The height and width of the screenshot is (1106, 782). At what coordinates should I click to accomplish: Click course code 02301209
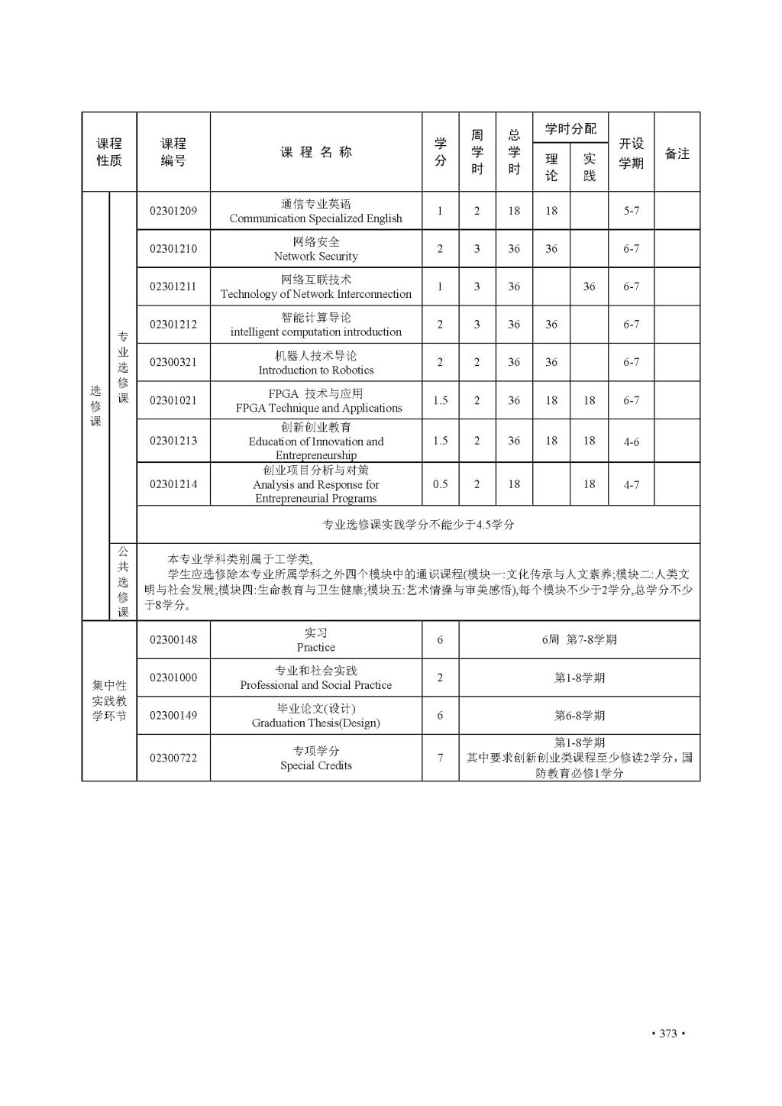tap(173, 211)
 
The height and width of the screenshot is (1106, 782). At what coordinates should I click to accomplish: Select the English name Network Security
tap(315, 257)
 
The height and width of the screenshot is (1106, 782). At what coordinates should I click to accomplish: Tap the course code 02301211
tap(173, 286)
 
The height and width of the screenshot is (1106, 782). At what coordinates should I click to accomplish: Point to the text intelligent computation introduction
tap(315, 332)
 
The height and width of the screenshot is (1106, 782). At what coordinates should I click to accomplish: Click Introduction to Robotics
tap(315, 370)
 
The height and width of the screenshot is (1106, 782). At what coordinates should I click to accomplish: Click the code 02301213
tap(173, 441)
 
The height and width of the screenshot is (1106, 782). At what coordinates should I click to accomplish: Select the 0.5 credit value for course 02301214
tap(440, 484)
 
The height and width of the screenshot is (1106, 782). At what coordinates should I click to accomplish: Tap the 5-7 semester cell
tap(631, 211)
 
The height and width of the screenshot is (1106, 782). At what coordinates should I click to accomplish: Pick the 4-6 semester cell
tap(631, 441)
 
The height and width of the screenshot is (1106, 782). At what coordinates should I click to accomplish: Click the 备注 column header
tap(677, 154)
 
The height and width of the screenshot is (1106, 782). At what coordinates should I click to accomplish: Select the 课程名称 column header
tap(315, 152)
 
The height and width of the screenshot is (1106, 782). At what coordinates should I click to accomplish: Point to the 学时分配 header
tap(570, 128)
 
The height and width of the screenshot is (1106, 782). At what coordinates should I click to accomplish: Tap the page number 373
tap(667, 1034)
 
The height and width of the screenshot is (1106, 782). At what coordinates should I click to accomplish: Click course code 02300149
tap(173, 716)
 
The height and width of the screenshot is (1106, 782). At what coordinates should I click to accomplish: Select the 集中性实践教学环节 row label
tap(109, 700)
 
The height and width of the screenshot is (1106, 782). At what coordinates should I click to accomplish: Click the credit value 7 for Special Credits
tap(440, 758)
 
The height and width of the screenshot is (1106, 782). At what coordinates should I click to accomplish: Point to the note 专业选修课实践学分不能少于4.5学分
tap(418, 525)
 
